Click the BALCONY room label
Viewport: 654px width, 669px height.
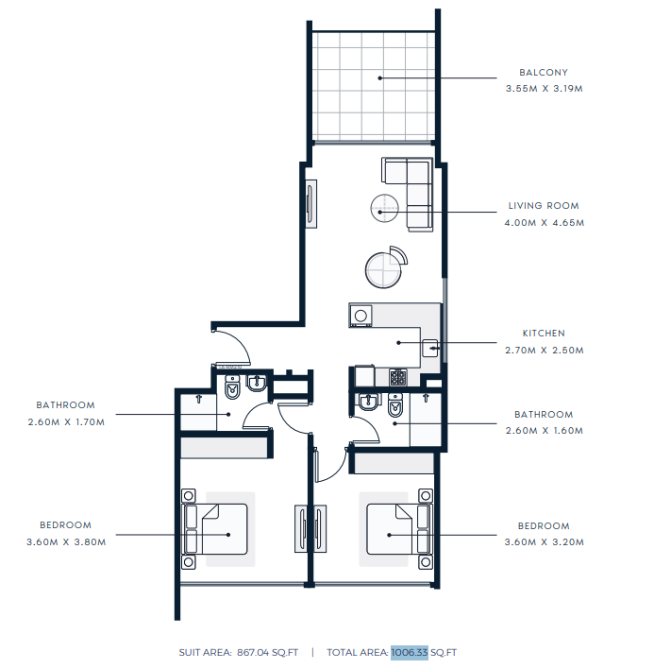pos(544,73)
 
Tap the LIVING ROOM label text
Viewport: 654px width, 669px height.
pos(544,206)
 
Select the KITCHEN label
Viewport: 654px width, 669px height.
pos(544,334)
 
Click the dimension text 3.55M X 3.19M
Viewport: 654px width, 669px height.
pos(545,89)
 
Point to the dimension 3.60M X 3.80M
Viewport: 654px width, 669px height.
pos(66,542)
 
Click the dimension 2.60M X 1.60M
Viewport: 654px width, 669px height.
pos(545,431)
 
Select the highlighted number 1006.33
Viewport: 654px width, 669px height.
pos(409,652)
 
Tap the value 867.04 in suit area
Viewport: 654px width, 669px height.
pos(253,652)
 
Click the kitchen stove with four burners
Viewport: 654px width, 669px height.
pos(398,378)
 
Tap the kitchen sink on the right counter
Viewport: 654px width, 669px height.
pos(430,348)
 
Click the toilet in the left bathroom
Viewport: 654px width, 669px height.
pos(232,387)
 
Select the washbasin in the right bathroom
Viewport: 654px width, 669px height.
pos(368,401)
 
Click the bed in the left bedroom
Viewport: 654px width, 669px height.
pos(215,529)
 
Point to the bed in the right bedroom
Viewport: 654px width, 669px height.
pos(399,529)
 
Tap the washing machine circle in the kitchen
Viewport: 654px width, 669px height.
pos(361,316)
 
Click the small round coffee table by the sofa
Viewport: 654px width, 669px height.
pos(384,208)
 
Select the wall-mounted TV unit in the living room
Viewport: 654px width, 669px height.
pos(311,203)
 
